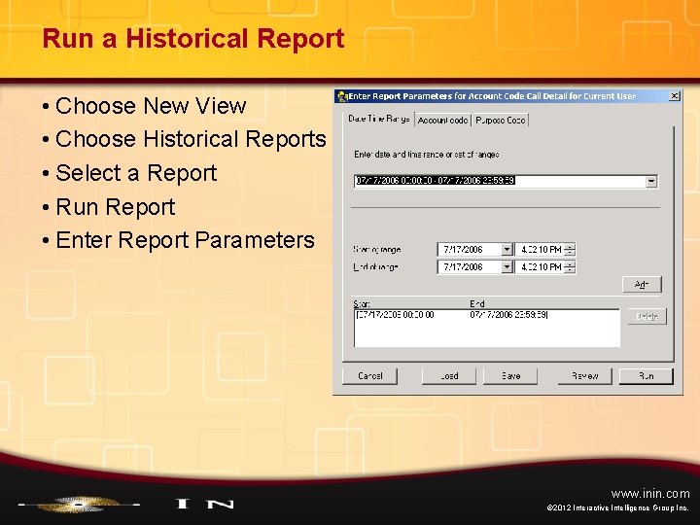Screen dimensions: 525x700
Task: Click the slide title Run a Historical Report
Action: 192,39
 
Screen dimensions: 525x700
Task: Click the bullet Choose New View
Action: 151,105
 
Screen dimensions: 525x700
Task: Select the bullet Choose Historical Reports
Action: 191,139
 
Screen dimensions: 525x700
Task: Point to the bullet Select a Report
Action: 136,173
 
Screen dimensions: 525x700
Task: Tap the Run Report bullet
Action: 115,207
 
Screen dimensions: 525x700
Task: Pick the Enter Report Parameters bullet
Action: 185,240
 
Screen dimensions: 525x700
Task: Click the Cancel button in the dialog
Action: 370,375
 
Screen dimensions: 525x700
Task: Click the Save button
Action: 510,375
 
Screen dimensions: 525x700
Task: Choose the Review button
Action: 585,375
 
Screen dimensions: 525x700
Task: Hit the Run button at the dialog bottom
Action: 647,375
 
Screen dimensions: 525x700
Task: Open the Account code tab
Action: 443,120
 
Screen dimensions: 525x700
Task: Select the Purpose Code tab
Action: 502,120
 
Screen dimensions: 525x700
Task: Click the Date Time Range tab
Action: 378,119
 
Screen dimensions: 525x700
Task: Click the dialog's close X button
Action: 673,96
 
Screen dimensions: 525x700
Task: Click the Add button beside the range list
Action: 642,285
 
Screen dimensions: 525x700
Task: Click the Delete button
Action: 647,317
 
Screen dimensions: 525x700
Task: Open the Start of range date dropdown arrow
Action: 507,249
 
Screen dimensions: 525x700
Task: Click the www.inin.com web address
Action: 650,494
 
